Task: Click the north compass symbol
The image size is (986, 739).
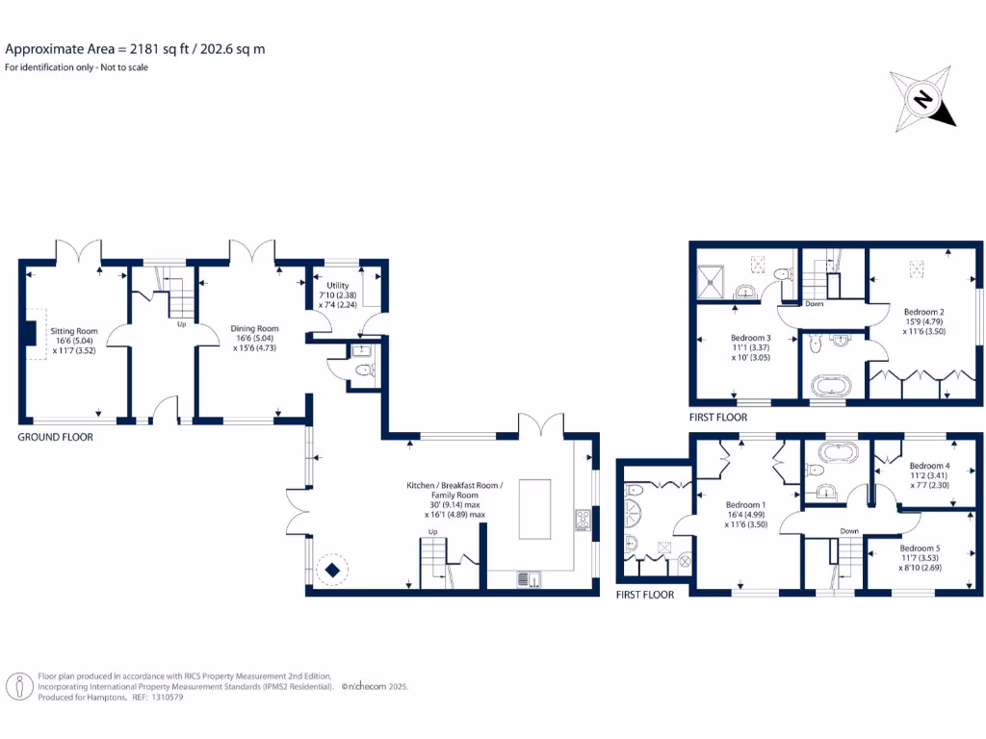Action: coord(923,100)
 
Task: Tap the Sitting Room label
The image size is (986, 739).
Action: coord(74,341)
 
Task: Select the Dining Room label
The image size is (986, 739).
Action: coord(254,338)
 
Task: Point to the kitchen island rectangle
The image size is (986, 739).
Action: coord(534,509)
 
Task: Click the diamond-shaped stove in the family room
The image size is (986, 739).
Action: coord(332,571)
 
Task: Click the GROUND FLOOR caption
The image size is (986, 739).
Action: coord(56,437)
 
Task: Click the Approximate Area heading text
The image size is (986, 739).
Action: coord(135,48)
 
